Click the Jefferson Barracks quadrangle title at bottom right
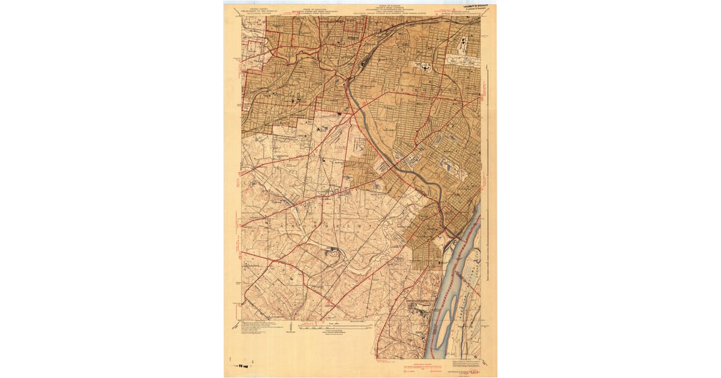(464, 371)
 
